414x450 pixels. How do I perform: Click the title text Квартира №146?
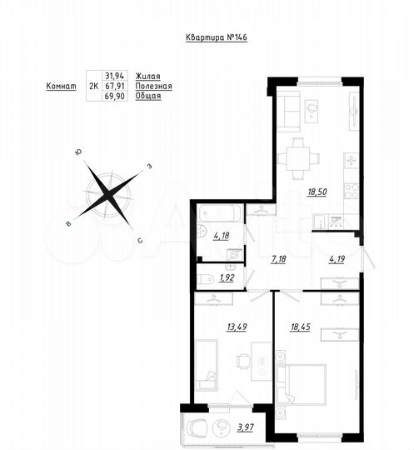tap(216, 37)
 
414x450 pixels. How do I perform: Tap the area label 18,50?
tap(317, 192)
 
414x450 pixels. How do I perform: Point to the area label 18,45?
tap(322, 328)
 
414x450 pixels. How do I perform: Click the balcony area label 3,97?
tap(244, 428)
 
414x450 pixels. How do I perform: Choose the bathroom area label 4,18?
tap(222, 236)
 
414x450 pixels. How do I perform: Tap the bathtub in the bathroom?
tap(220, 213)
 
